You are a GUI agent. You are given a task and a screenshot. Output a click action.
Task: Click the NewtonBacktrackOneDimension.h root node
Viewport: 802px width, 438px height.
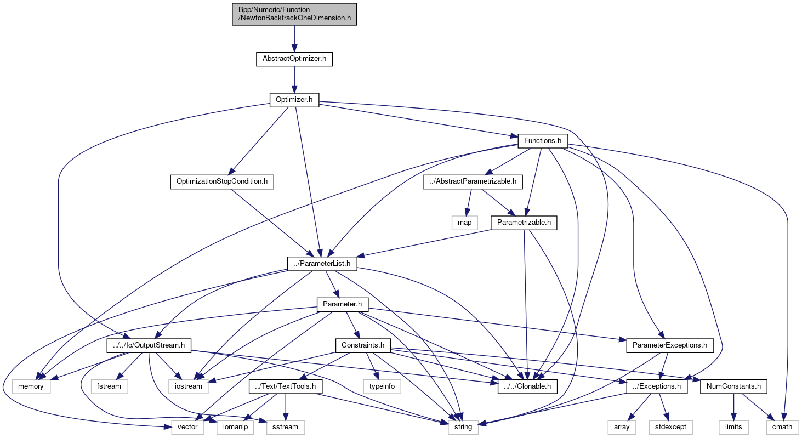point(294,14)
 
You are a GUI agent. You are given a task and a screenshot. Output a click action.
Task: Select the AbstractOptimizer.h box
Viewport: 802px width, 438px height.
point(294,59)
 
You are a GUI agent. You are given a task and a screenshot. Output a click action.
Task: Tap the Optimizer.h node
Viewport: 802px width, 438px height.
point(294,100)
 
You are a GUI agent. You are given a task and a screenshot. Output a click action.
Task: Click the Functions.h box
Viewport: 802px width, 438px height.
point(543,140)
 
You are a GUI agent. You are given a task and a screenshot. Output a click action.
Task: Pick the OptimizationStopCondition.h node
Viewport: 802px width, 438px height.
point(221,181)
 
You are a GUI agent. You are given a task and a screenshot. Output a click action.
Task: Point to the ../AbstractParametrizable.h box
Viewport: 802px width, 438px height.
point(473,181)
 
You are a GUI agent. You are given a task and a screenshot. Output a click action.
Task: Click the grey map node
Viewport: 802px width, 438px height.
point(464,223)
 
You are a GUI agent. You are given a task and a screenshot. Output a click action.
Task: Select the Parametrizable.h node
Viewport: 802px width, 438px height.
point(524,223)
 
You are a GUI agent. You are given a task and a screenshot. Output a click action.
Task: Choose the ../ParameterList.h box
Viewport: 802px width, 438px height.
point(322,264)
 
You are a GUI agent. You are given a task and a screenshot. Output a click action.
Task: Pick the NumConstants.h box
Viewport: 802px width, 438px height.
point(733,386)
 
